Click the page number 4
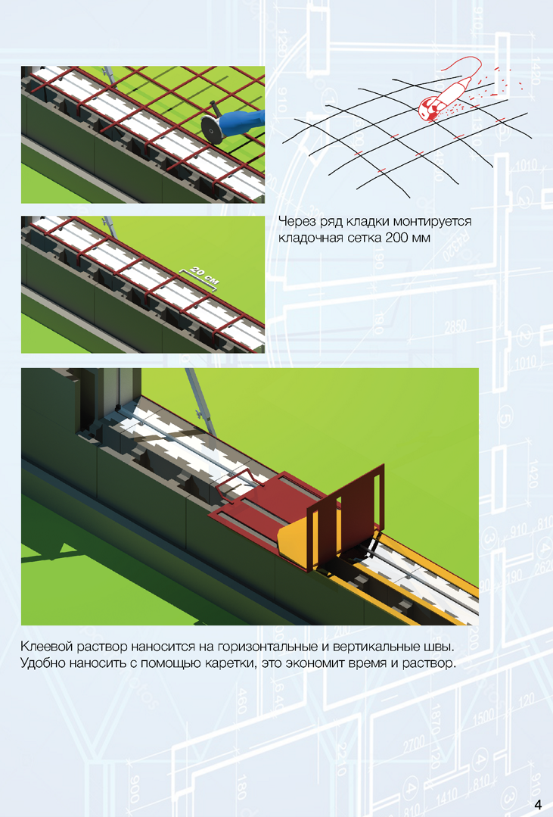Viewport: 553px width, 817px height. click(x=538, y=803)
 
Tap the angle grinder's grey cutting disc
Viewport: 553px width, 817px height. click(x=211, y=129)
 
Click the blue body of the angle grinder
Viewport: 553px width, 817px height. click(x=243, y=123)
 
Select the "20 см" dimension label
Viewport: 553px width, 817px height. click(x=204, y=276)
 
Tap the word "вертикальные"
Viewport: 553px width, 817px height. click(x=374, y=647)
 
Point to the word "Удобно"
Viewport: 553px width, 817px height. click(x=42, y=664)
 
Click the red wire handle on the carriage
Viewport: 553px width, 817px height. click(x=235, y=482)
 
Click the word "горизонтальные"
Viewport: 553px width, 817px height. click(x=264, y=647)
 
